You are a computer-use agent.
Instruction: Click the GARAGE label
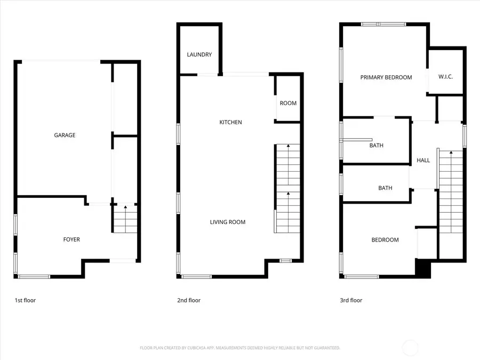(65, 135)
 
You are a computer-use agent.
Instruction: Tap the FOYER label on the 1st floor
(71, 239)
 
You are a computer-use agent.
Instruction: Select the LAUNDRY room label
(199, 54)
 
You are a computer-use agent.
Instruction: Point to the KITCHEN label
(230, 122)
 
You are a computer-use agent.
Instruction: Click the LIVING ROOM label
(228, 222)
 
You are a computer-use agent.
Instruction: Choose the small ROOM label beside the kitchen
(288, 103)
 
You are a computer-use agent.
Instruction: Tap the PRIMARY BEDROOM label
(386, 77)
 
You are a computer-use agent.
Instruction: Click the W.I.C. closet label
(445, 77)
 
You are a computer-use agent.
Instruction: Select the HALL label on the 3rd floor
(423, 160)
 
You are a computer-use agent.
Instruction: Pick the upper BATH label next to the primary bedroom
(377, 145)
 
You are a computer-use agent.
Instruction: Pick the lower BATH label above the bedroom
(385, 188)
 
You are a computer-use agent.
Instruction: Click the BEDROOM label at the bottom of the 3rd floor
(385, 240)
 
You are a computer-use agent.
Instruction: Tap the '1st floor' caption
(25, 300)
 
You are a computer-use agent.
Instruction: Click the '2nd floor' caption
(189, 300)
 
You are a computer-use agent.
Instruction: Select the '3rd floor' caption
(351, 300)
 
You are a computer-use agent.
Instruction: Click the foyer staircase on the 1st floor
(125, 219)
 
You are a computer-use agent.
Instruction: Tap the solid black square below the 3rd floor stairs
(423, 268)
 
